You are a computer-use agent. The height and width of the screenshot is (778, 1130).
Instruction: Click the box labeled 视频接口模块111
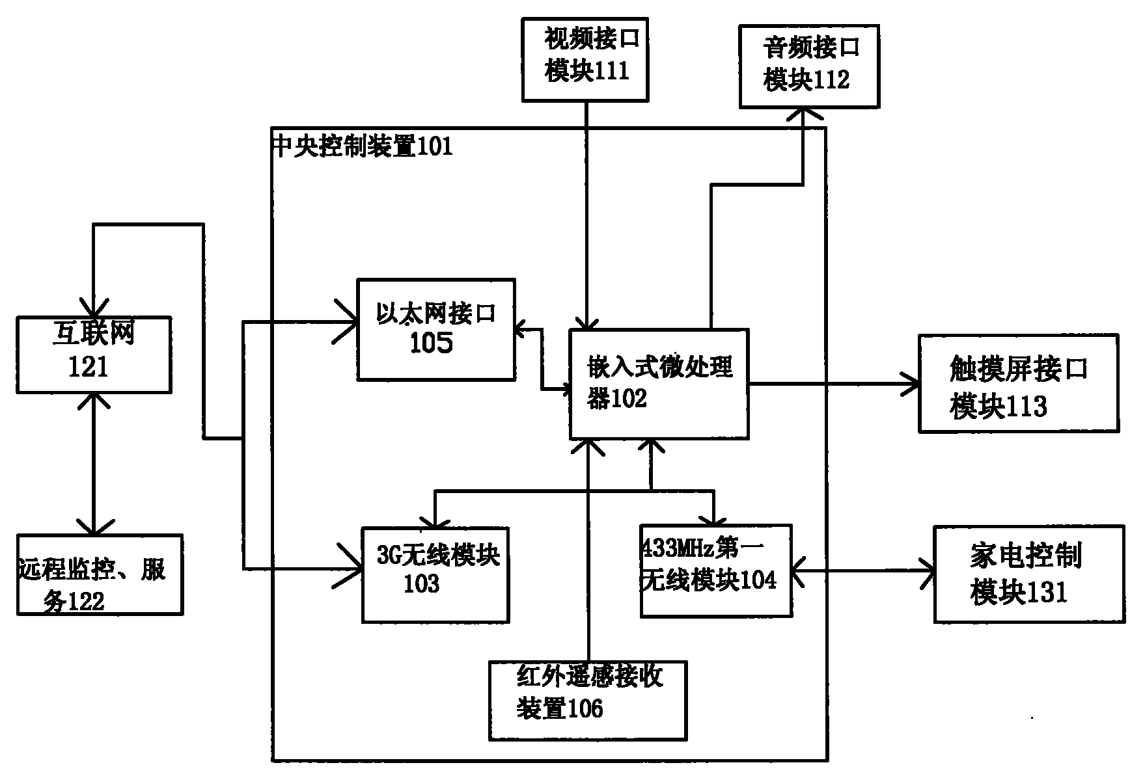[x=585, y=60]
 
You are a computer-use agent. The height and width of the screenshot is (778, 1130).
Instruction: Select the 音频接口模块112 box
[x=809, y=66]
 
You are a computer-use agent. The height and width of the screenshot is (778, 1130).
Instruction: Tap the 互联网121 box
[x=94, y=355]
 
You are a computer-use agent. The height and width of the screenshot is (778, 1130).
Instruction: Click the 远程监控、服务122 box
[x=100, y=575]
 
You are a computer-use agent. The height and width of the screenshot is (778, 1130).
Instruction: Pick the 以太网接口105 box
[x=435, y=330]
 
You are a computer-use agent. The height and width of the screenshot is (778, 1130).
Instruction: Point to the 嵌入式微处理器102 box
[x=659, y=384]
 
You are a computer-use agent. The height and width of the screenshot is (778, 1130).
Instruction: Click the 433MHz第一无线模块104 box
[x=716, y=570]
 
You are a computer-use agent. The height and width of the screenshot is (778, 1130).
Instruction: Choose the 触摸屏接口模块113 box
[x=1018, y=384]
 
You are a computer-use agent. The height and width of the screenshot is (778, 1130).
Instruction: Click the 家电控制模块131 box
[x=1029, y=574]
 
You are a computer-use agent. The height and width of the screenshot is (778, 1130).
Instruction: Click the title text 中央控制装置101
[x=362, y=146]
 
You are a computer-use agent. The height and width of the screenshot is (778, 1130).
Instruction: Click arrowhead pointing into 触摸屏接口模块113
[x=911, y=384]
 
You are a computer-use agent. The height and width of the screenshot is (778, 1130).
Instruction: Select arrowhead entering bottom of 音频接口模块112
[x=803, y=116]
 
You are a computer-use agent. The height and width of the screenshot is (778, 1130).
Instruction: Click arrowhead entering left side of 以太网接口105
[x=348, y=321]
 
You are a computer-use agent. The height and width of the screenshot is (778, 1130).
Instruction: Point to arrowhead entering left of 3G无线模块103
[x=352, y=569]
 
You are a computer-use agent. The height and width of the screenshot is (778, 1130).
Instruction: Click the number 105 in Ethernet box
[x=431, y=343]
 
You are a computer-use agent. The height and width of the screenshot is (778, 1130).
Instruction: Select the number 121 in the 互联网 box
[x=88, y=369]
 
